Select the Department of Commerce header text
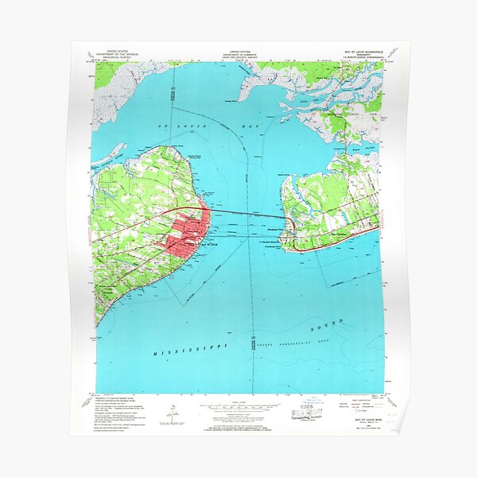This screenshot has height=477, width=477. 238,53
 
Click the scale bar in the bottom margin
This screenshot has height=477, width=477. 238,405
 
